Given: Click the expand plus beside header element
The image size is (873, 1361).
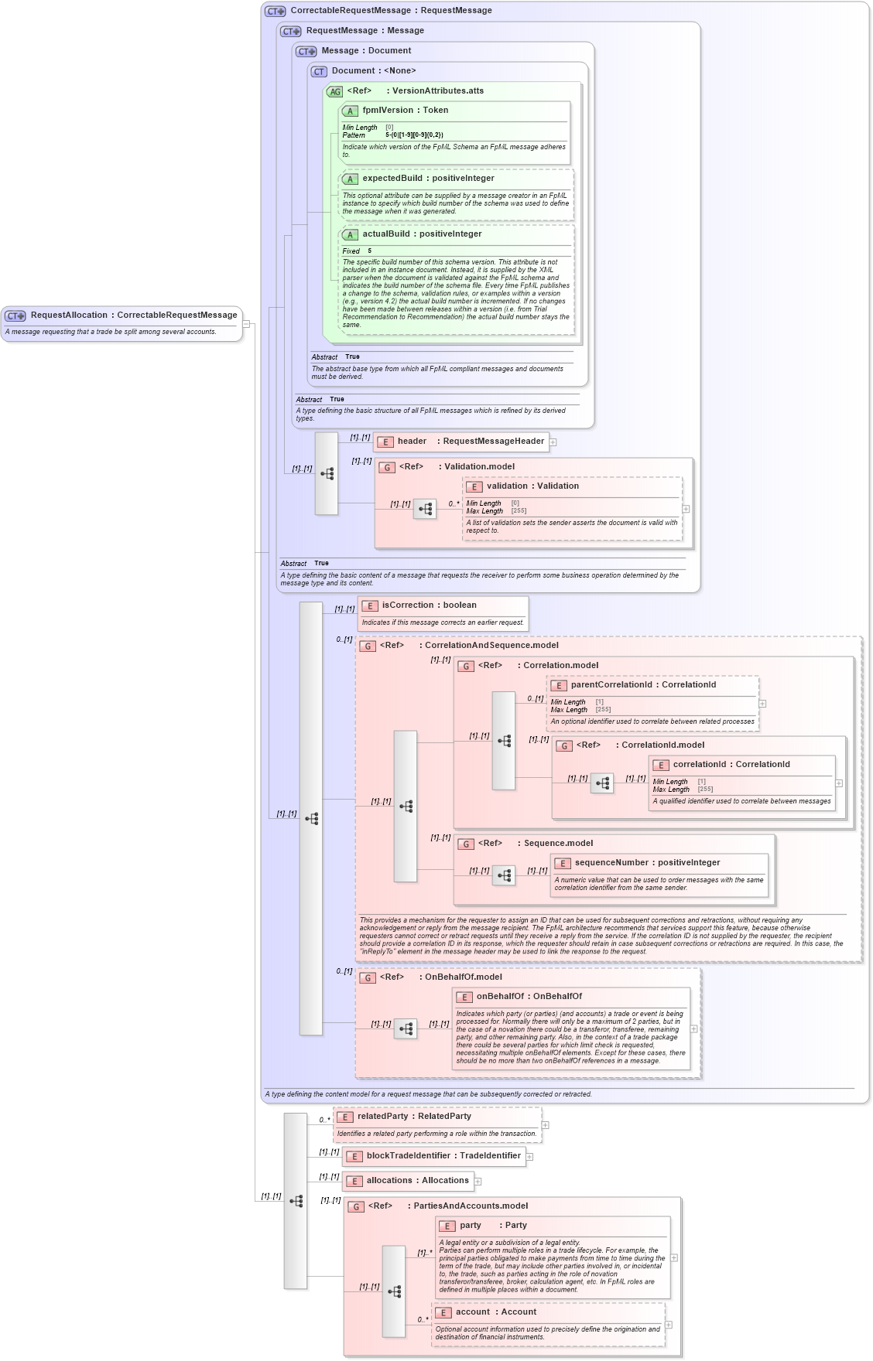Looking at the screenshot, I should (553, 442).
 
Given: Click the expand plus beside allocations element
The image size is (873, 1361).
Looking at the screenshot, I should (478, 1182).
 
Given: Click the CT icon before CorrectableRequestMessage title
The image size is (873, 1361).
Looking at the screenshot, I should (275, 12).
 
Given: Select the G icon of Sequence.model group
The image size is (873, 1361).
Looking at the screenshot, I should (466, 844).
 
